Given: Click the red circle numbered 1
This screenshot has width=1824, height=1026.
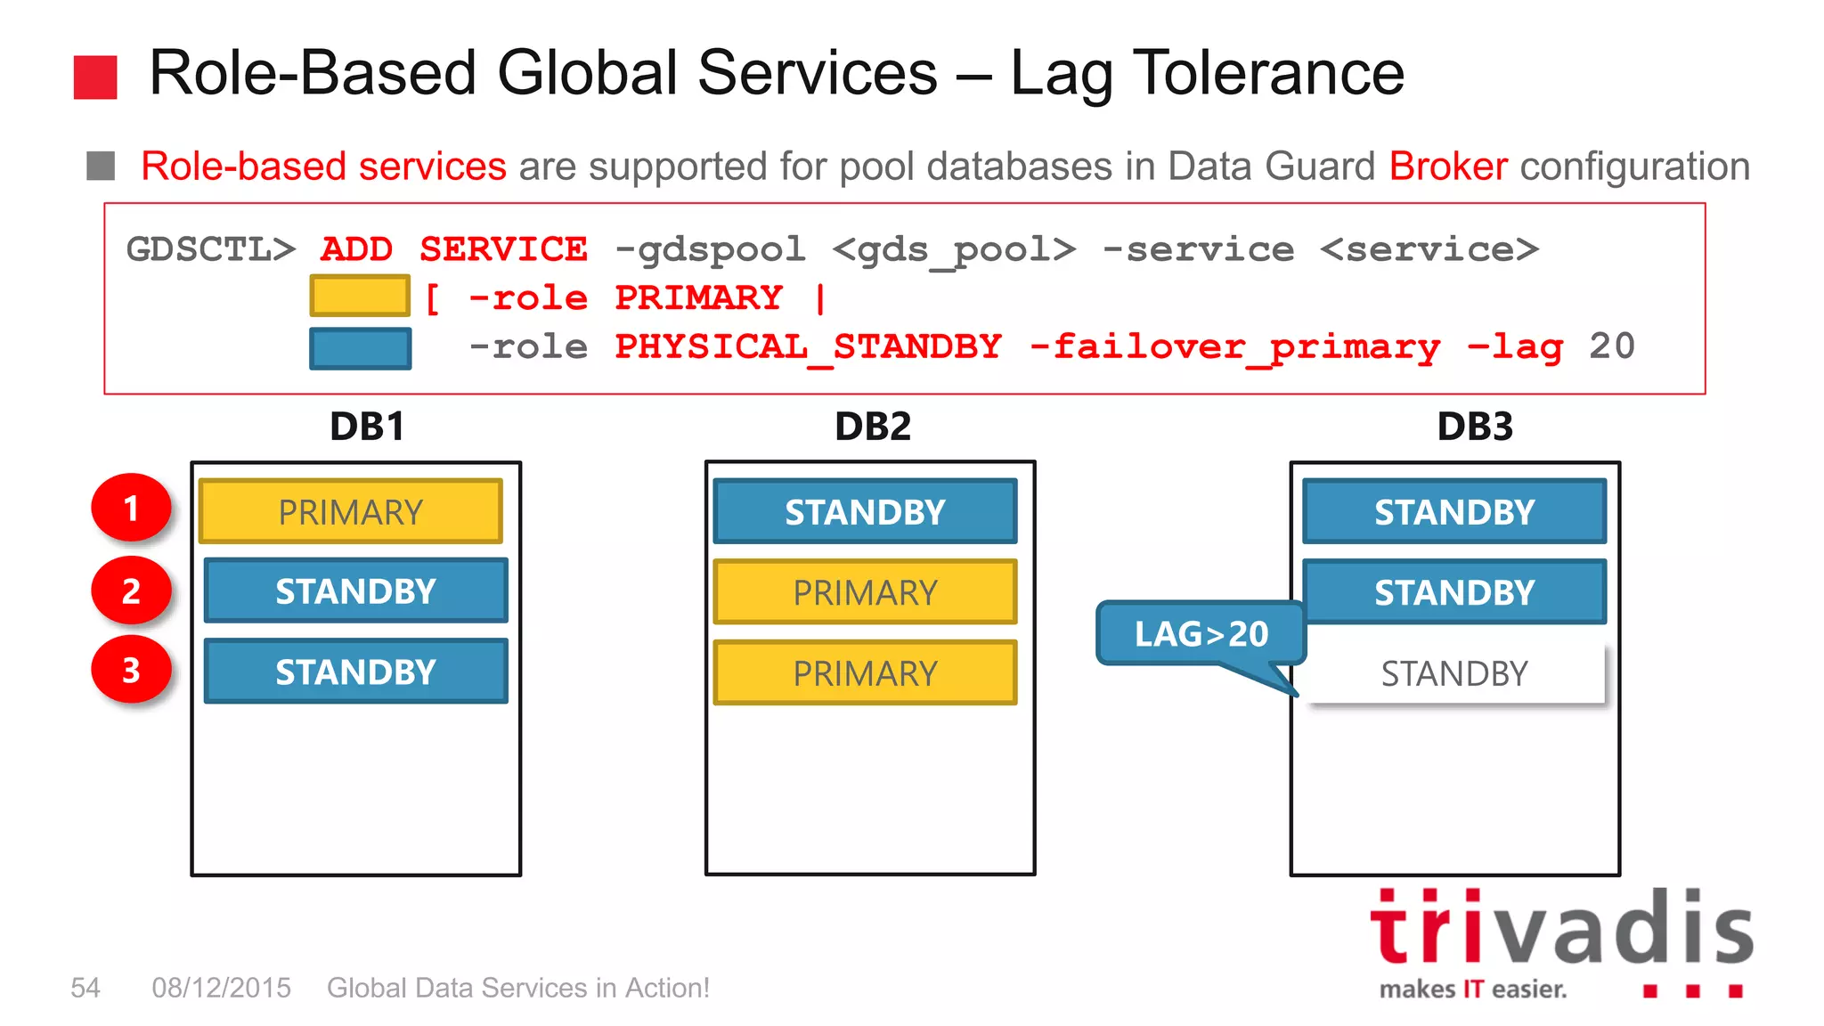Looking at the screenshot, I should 131,508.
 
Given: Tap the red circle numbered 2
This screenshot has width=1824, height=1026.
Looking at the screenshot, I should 131,590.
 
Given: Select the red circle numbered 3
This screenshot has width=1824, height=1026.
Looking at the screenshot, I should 131,670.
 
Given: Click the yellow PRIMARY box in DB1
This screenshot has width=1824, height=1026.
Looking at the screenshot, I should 350,511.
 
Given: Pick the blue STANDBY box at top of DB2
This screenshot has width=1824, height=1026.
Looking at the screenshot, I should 864,511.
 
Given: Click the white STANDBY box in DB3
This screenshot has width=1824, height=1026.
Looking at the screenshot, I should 1454,673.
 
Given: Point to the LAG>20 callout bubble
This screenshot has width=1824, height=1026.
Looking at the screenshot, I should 1200,633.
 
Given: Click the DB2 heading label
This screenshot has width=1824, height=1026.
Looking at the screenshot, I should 872,427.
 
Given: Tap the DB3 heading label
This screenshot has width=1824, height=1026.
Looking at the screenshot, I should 1475,427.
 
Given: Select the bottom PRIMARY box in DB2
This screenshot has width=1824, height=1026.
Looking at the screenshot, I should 864,673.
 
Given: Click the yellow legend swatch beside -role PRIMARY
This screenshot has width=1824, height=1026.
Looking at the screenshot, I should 360,296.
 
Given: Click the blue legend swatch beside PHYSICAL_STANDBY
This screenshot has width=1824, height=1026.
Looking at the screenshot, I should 360,348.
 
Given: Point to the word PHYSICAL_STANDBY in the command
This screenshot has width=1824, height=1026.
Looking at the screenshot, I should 808,346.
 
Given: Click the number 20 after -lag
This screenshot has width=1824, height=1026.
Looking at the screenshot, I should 1612,346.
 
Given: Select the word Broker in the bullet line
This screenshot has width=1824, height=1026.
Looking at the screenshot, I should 1448,167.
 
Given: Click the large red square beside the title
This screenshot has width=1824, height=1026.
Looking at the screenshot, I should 95,77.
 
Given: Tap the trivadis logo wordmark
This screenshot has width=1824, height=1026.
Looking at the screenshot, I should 1560,930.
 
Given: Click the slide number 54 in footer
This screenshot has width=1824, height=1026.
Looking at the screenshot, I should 85,988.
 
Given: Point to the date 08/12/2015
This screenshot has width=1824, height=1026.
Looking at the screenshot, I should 221,988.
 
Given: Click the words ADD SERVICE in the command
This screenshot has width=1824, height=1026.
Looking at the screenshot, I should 453,249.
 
